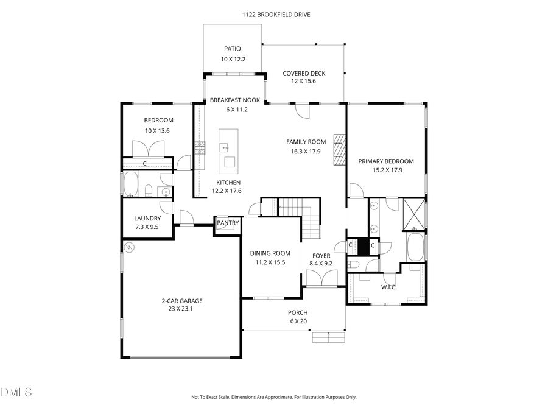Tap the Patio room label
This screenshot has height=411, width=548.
coord(233,49)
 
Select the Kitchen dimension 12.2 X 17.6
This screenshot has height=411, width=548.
coord(227,191)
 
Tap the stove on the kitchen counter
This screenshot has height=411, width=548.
coord(200,147)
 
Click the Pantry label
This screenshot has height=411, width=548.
coord(227,223)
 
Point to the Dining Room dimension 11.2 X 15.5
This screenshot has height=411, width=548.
coord(270,262)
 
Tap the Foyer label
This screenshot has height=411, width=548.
coord(321,256)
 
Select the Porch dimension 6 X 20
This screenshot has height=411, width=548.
coord(298,321)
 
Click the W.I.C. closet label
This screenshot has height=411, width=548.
coord(388,287)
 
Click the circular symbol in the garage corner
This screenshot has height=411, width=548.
coord(130,247)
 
